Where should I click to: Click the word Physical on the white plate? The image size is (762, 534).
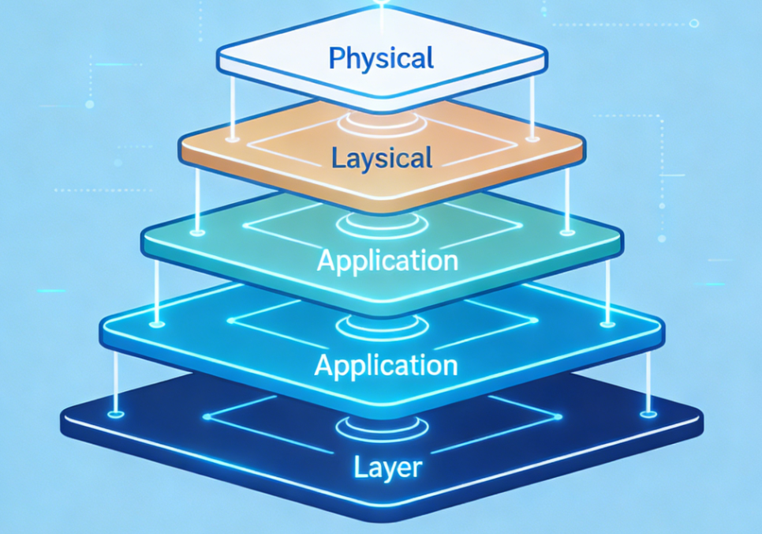[381, 58]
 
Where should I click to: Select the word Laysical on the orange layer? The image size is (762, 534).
[382, 158]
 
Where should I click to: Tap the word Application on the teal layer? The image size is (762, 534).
[387, 260]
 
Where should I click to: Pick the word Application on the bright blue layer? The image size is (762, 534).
[386, 365]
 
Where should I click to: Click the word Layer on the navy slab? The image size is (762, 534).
[387, 467]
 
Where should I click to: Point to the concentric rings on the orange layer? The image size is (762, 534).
[382, 127]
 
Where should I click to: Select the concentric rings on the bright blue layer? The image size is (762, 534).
[381, 326]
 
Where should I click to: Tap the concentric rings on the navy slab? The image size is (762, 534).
[382, 427]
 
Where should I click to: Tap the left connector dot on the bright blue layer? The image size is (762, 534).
[158, 323]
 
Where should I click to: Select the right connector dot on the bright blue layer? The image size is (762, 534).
[607, 322]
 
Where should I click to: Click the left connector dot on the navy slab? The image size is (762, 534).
[116, 413]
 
